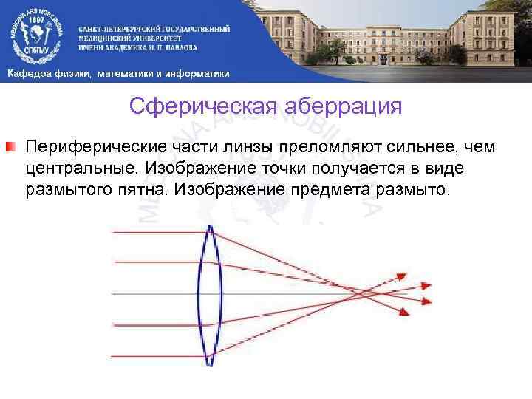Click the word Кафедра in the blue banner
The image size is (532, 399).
(28, 73)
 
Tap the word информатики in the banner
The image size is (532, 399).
(199, 73)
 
